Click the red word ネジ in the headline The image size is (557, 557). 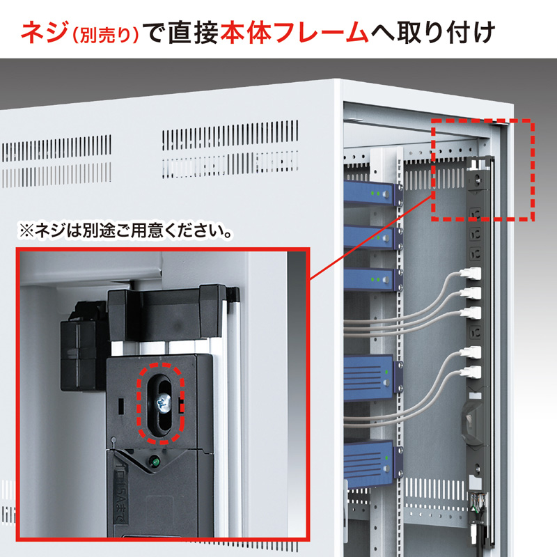click(44, 32)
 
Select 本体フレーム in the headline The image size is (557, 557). click(294, 32)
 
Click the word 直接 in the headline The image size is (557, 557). click(194, 32)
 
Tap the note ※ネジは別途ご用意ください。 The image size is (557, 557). click(125, 231)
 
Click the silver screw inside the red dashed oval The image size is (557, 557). click(164, 403)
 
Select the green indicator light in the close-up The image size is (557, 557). click(154, 462)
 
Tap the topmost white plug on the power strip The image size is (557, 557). click(471, 273)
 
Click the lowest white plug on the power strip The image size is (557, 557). click(471, 372)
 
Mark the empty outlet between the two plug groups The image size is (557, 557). click(475, 333)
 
